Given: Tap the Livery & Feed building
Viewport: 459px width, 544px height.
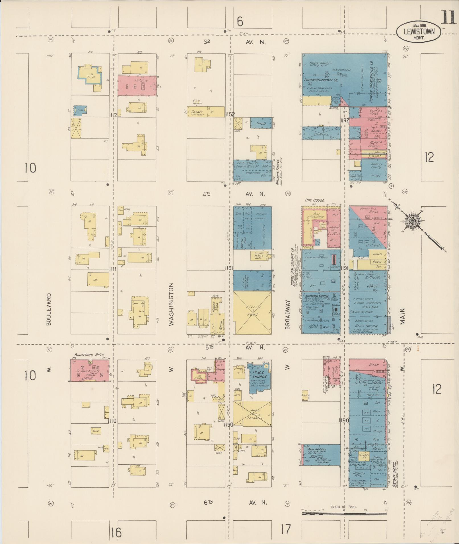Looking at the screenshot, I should pos(252,311).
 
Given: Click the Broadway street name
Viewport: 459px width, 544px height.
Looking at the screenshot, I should pos(287,315).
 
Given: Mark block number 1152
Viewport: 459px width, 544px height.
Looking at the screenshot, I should pos(229,115).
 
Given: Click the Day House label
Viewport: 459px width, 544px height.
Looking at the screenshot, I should pos(314,200).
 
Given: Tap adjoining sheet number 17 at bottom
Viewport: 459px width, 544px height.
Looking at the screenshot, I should pos(286,529).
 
